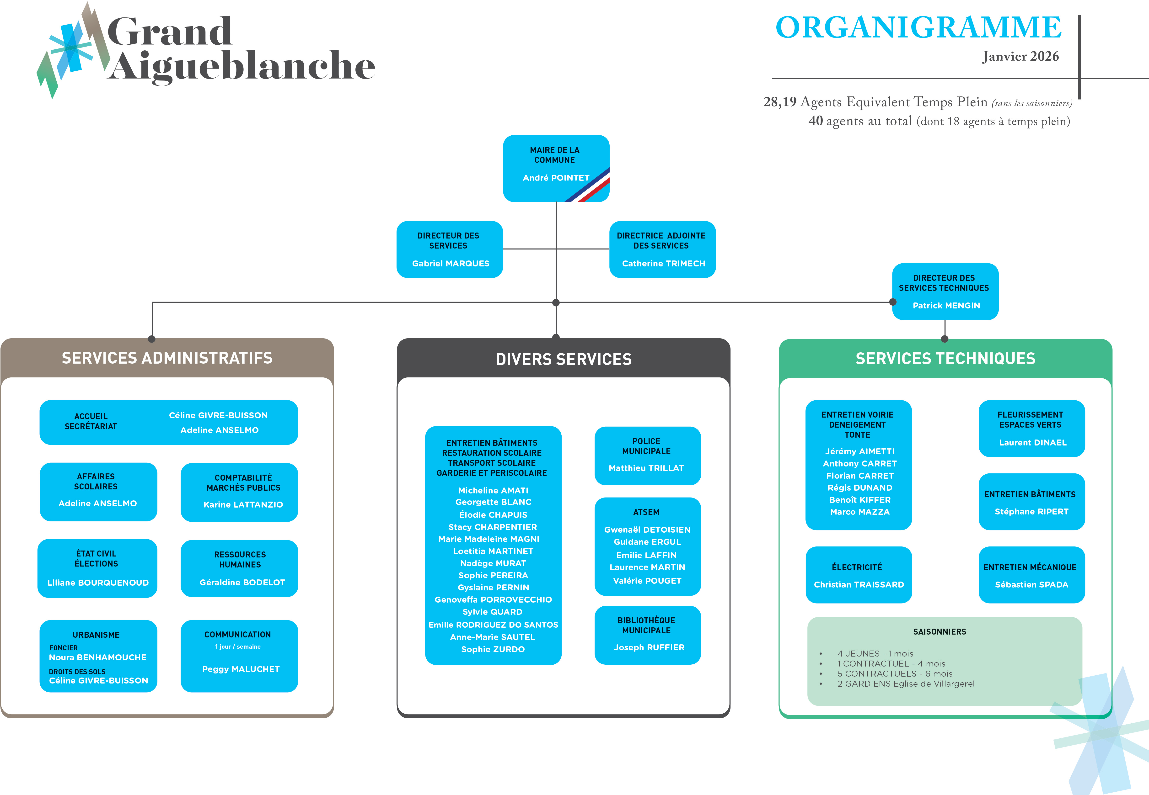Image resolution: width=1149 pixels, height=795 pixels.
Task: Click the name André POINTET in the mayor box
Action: (x=556, y=178)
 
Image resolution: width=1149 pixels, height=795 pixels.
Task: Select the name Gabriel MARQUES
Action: (x=451, y=264)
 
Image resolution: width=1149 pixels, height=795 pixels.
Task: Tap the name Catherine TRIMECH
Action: (x=663, y=264)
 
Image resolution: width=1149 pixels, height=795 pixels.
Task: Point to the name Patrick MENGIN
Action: (x=946, y=305)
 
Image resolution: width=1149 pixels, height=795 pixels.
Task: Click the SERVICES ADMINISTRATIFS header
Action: (x=167, y=358)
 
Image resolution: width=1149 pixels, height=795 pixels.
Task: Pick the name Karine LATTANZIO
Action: (x=243, y=505)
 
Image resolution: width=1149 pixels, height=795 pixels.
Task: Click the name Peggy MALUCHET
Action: (x=241, y=669)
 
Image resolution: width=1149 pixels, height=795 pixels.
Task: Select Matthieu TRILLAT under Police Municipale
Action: (x=646, y=468)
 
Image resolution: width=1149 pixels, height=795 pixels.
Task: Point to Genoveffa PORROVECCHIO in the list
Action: (x=493, y=600)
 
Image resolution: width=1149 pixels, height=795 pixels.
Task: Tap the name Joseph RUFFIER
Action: (x=649, y=647)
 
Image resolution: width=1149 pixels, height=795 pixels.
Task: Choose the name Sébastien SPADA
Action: (x=1031, y=585)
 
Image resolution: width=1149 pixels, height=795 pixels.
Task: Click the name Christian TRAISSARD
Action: (x=859, y=585)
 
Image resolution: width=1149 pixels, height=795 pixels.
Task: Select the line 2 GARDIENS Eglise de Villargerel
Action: (x=905, y=684)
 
